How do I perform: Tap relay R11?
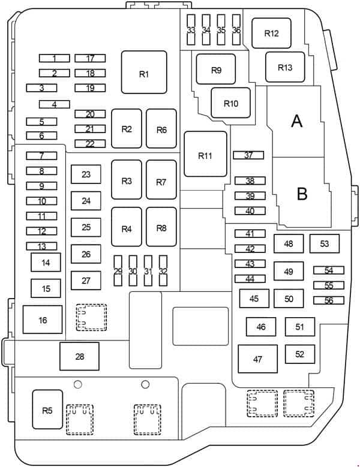[x=205, y=154]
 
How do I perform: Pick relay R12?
[x=271, y=33]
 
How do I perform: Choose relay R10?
[x=231, y=103]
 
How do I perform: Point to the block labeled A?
[x=296, y=122]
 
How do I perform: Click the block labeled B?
[x=301, y=193]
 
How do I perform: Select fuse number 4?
[x=55, y=104]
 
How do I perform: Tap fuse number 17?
[x=90, y=59]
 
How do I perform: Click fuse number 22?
[x=90, y=144]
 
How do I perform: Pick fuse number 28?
[x=79, y=357]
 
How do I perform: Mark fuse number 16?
[x=43, y=320]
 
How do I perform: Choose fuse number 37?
[x=248, y=155]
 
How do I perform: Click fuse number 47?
[x=257, y=360]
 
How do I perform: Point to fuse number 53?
[x=325, y=243]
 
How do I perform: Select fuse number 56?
[x=328, y=300]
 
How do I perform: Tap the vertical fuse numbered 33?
[x=191, y=30]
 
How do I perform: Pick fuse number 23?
[x=86, y=174]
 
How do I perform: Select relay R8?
[x=161, y=227]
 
